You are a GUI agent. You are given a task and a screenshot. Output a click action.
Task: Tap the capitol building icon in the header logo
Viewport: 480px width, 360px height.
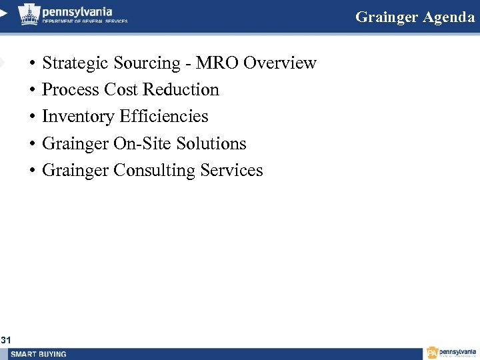pos(29,14)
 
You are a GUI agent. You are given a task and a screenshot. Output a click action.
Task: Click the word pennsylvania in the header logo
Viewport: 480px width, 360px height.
pos(77,11)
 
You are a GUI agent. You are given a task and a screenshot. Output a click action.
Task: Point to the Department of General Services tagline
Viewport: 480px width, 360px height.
pos(85,21)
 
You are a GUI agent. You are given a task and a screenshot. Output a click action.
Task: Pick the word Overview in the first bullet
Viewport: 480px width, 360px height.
pos(280,63)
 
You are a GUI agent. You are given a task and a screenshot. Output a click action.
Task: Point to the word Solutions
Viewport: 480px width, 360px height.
pos(211,144)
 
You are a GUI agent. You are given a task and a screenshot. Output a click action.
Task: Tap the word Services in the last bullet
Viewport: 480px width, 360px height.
pos(232,171)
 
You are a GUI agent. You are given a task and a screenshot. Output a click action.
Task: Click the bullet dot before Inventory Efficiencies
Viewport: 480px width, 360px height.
pos(32,117)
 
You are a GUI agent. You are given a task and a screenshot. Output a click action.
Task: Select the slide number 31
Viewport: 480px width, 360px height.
pos(6,341)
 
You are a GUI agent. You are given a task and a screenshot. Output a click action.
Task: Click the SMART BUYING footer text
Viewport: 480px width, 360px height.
pos(39,354)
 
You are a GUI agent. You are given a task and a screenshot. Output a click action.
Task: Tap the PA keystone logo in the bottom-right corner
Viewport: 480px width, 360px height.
pos(433,353)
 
